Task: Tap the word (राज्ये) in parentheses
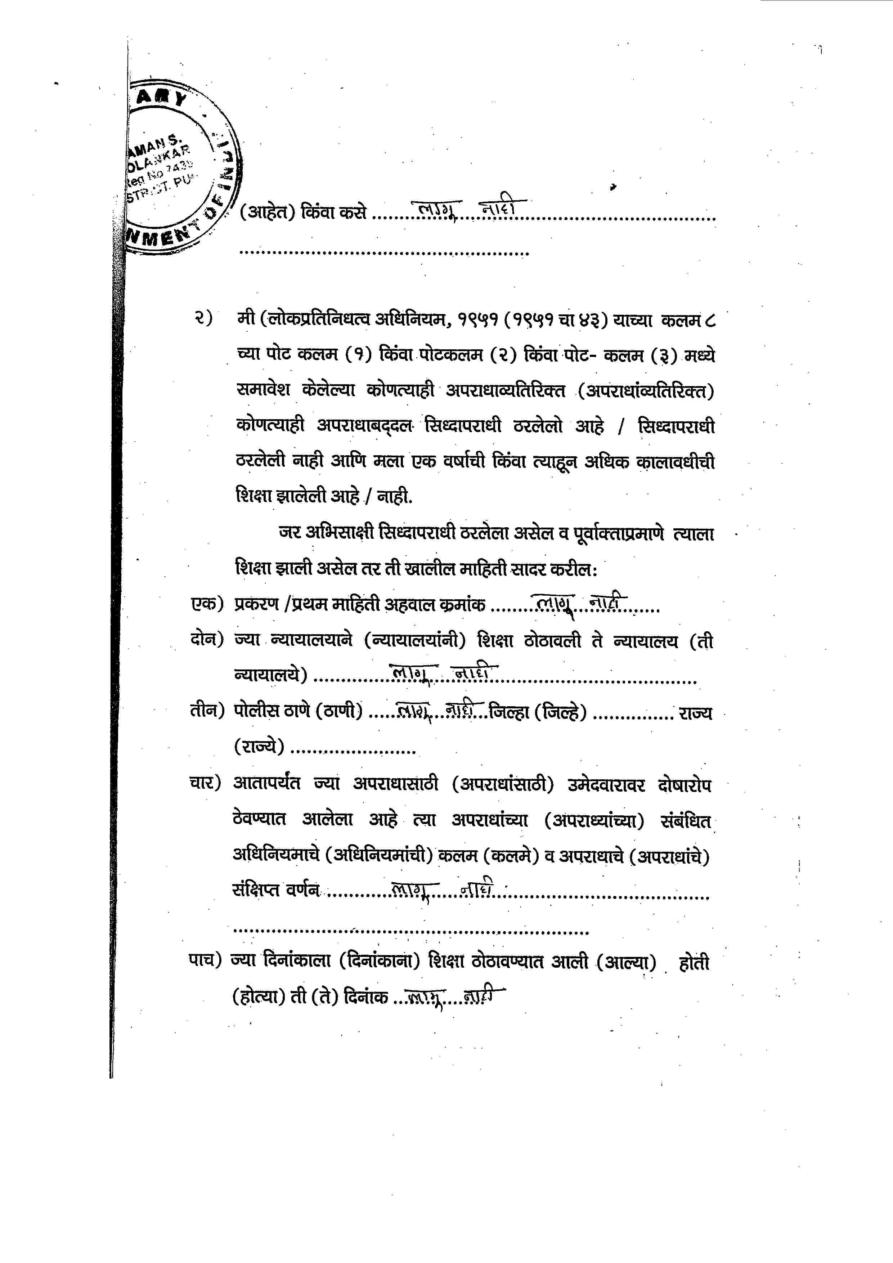[x=259, y=747]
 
